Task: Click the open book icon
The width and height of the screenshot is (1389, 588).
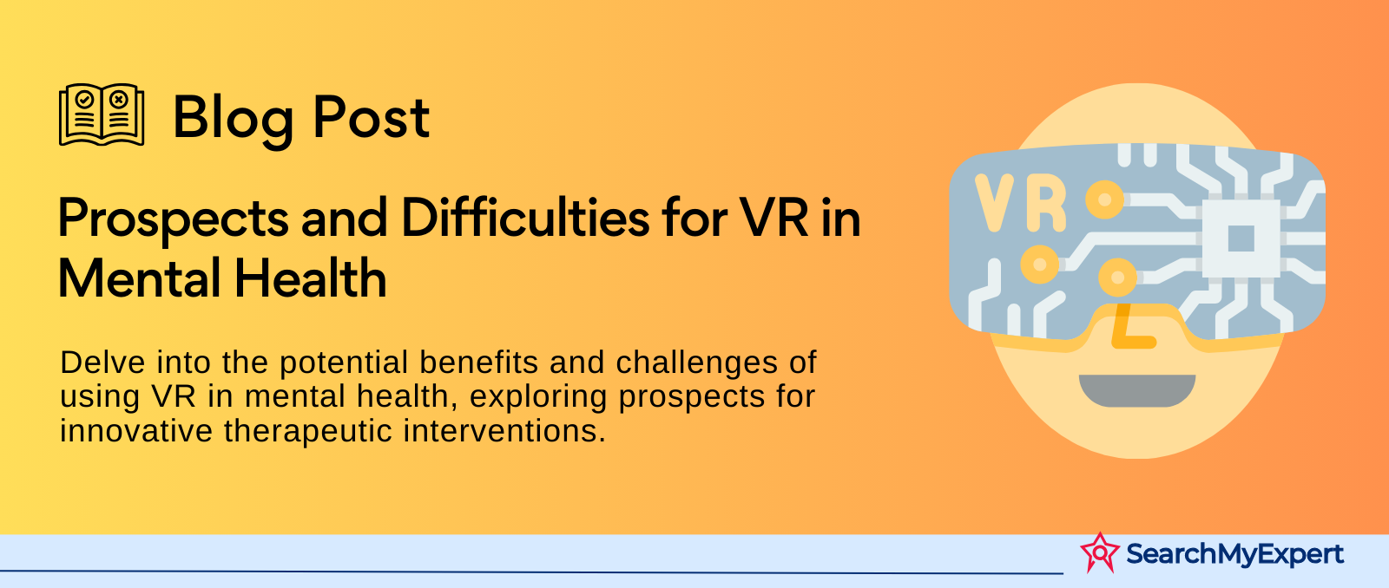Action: (x=102, y=114)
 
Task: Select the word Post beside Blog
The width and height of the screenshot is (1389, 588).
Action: (x=371, y=117)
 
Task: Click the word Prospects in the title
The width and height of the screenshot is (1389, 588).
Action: (x=173, y=220)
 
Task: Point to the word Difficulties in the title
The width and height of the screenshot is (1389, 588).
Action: (x=525, y=218)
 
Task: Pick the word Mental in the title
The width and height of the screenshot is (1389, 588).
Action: (x=138, y=278)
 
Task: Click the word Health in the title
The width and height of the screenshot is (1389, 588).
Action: (x=310, y=278)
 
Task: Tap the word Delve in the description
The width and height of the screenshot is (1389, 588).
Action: (x=102, y=363)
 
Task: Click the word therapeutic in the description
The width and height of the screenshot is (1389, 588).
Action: (x=307, y=432)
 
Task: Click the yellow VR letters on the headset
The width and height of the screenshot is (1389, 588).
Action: (x=1020, y=203)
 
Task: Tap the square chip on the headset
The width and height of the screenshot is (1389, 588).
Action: (x=1241, y=238)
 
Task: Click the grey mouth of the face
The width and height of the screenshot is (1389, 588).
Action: (x=1137, y=390)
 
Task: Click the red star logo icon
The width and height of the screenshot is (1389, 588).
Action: (x=1099, y=552)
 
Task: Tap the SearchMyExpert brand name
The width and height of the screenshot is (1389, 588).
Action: (x=1234, y=554)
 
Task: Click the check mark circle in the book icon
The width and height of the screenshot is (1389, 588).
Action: (x=84, y=99)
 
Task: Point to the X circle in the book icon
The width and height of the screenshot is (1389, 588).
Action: (x=119, y=99)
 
